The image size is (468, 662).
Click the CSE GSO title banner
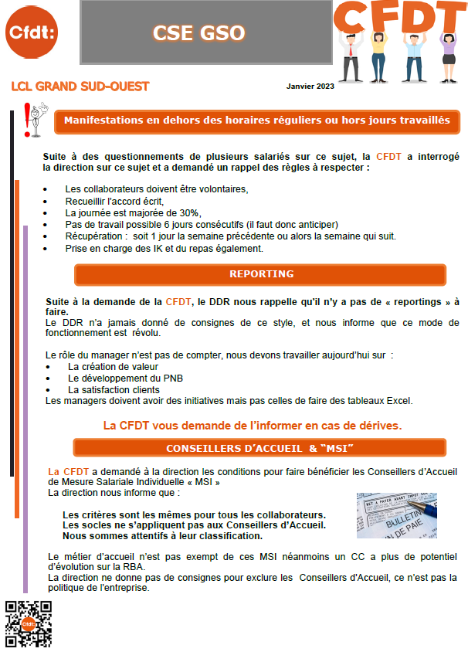pos(199,32)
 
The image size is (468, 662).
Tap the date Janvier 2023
pos(310,87)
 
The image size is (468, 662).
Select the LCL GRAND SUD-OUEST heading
pos(80,87)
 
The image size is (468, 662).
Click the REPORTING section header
pos(261,274)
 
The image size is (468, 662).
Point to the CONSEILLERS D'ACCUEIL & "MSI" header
pos(260,449)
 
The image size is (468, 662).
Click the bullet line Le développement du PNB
pos(126,378)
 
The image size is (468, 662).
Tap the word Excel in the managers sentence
pos(398,401)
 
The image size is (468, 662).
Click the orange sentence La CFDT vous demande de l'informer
pos(253,425)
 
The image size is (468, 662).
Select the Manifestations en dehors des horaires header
pos(256,121)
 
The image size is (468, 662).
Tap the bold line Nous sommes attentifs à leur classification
pos(162,536)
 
